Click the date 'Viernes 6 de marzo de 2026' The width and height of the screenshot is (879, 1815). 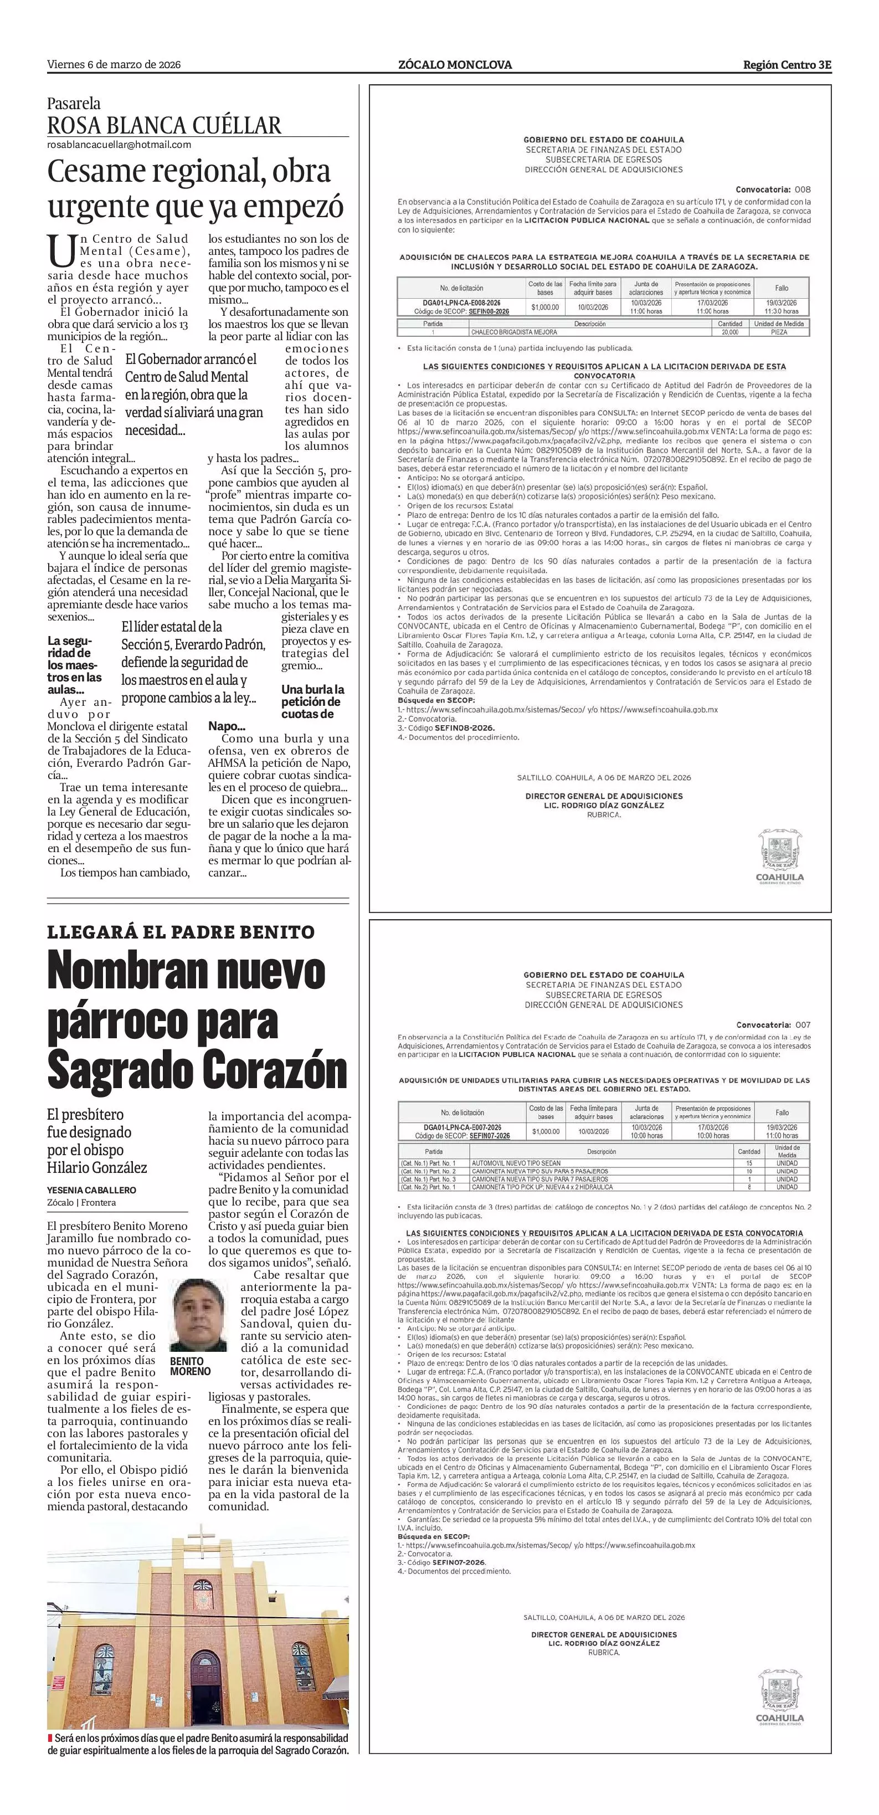114,65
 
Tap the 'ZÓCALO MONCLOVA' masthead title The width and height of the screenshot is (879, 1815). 455,65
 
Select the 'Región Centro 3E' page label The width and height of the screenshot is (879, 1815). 787,65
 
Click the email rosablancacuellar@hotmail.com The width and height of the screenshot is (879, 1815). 119,145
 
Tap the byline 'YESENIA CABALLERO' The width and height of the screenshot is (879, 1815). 91,1190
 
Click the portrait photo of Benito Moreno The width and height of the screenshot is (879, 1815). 199,1315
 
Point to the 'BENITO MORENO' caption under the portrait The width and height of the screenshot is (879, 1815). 190,1366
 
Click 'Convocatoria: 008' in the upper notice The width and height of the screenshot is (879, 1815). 773,189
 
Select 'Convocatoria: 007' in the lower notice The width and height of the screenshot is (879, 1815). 773,1024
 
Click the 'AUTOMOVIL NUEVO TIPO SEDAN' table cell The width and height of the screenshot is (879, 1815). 516,1163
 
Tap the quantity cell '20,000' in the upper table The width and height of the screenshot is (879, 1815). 729,332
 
